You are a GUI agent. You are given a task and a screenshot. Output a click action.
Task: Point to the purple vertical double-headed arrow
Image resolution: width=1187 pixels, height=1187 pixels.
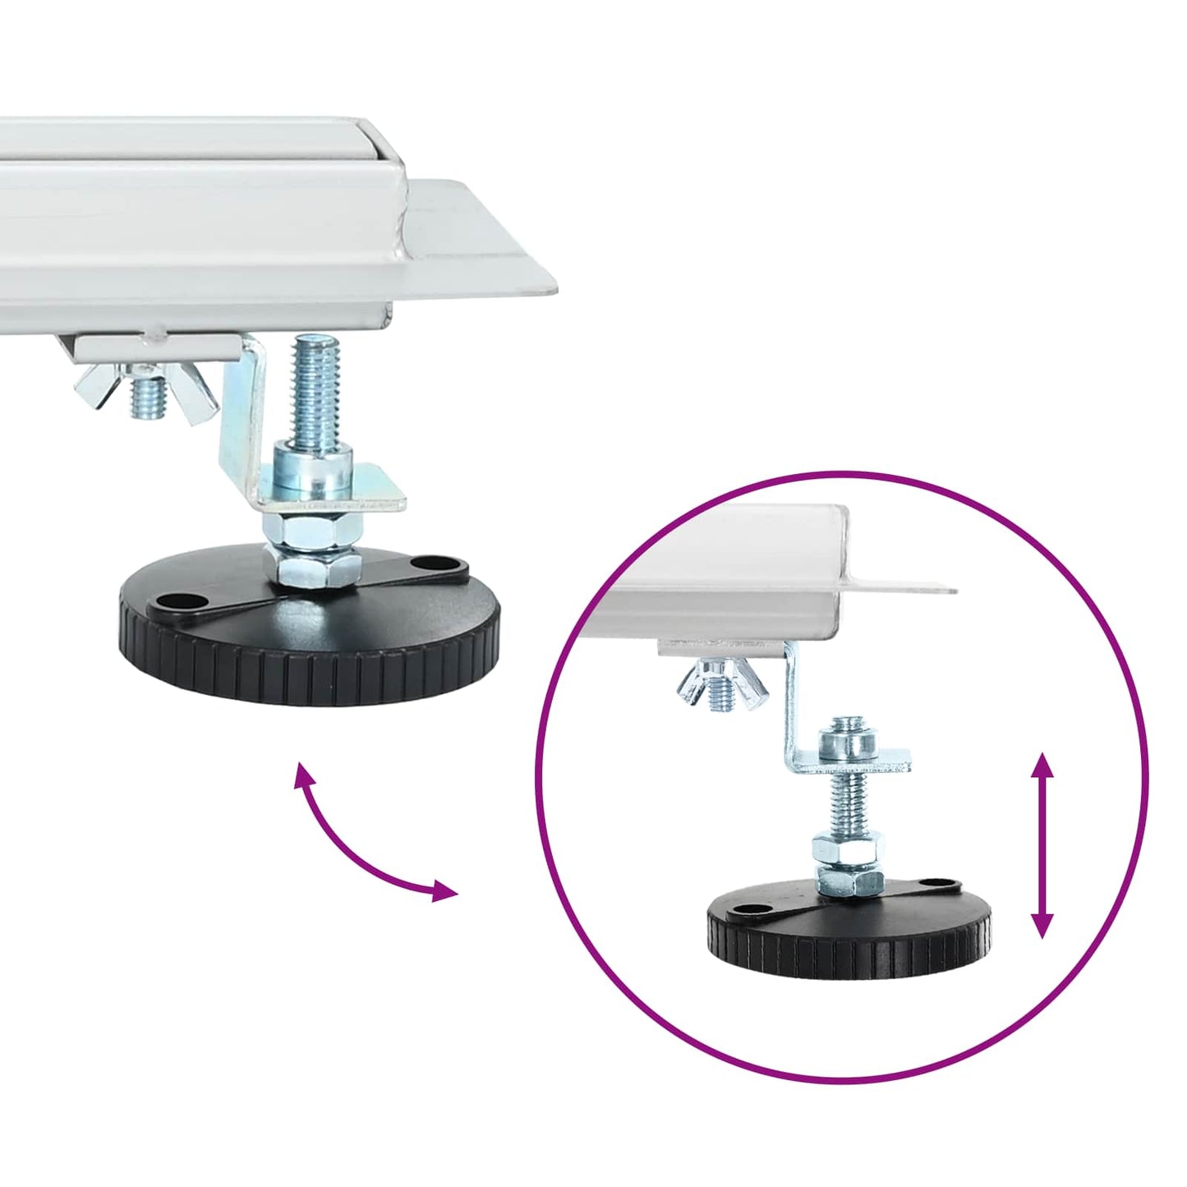[1042, 845]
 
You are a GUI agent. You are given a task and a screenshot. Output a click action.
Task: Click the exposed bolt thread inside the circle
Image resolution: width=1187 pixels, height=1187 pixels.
[846, 801]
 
